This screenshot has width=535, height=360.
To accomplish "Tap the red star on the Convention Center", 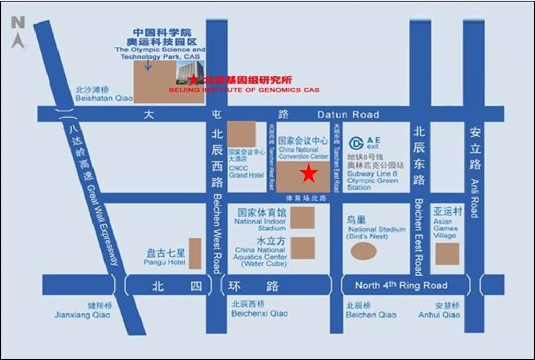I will coord(309,173).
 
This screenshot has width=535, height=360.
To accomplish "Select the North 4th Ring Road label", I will coord(401,285).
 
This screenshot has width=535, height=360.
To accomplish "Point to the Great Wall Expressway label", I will coord(103,225).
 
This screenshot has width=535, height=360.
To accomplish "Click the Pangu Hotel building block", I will coord(195,253).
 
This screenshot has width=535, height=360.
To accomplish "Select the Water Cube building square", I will coord(303,248).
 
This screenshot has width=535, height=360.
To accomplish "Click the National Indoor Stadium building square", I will coord(303,217).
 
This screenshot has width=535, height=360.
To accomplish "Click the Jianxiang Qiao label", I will coord(83,315).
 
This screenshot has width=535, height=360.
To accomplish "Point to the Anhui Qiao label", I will coord(439,315).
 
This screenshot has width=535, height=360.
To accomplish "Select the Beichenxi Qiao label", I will coord(260,313).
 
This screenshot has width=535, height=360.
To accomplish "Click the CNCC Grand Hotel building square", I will coord(242,134).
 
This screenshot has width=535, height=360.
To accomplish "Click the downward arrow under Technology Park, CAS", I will coord(149,65).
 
